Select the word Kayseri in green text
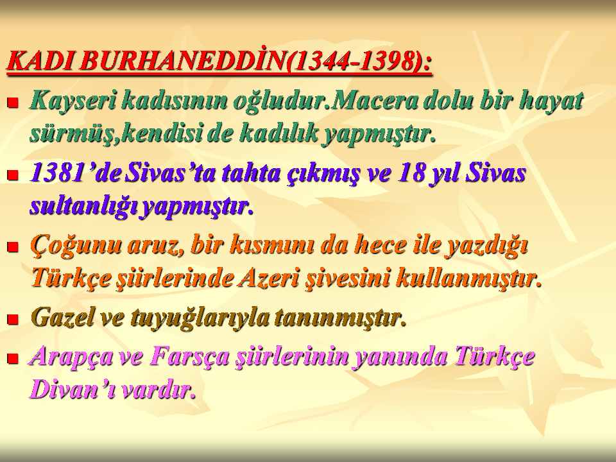point(73,101)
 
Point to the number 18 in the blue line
point(411,173)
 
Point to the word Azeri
point(268,278)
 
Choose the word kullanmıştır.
point(469,278)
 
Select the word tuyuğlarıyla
point(200,318)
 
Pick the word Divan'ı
point(73,389)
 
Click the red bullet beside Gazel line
point(13,319)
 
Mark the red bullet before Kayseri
point(13,103)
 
